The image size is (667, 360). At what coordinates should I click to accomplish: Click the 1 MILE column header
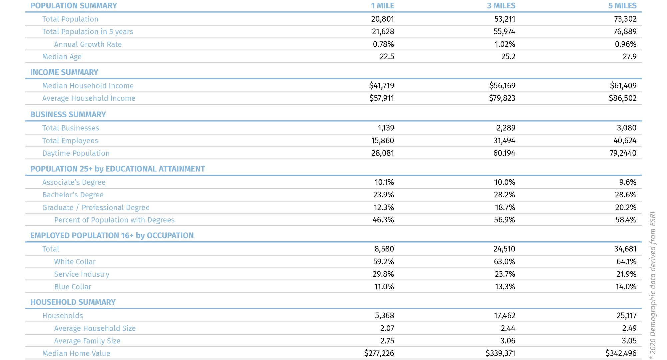pyautogui.click(x=382, y=6)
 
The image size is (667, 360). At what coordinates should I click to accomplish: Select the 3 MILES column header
pyautogui.click(x=501, y=6)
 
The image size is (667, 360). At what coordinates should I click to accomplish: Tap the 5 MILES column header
pyautogui.click(x=622, y=6)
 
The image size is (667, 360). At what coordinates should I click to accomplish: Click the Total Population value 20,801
pyautogui.click(x=382, y=19)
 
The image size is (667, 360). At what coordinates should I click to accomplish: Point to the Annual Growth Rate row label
pyautogui.click(x=88, y=44)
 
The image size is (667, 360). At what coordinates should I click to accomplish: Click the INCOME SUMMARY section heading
pyautogui.click(x=64, y=72)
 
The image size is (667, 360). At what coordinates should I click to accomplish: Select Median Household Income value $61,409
pyautogui.click(x=623, y=86)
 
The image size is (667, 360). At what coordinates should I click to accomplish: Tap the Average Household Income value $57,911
pyautogui.click(x=381, y=98)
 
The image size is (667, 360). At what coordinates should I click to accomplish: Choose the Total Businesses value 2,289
pyautogui.click(x=505, y=128)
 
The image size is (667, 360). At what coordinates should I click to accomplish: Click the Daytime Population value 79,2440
pyautogui.click(x=623, y=153)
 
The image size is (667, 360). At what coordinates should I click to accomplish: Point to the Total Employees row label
pyautogui.click(x=70, y=141)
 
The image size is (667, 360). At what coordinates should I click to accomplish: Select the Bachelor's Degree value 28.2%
pyautogui.click(x=504, y=195)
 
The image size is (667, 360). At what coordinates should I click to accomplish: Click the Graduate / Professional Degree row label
pyautogui.click(x=96, y=208)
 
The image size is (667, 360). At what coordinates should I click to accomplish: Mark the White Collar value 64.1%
pyautogui.click(x=626, y=262)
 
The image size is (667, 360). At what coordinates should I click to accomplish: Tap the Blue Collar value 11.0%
pyautogui.click(x=384, y=287)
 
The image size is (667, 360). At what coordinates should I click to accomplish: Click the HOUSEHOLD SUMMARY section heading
pyautogui.click(x=73, y=302)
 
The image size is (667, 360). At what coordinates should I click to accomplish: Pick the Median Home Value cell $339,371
pyautogui.click(x=500, y=353)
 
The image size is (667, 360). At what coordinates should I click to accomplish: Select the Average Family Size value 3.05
pyautogui.click(x=629, y=341)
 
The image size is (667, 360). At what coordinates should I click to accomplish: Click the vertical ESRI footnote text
pyautogui.click(x=653, y=285)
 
